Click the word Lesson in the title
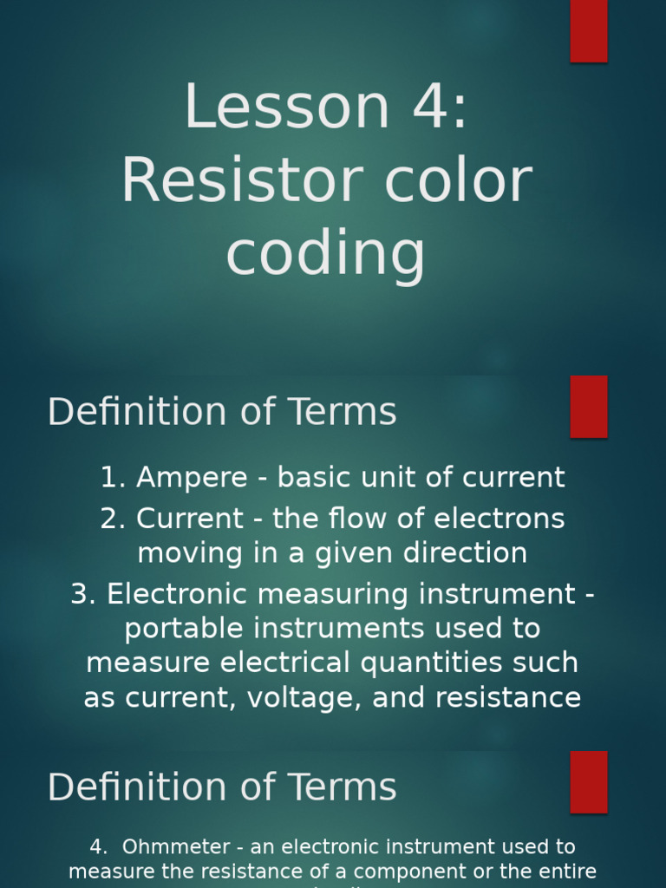[275, 108]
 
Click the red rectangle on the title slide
[588, 30]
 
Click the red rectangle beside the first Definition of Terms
[588, 407]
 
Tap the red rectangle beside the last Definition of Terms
[588, 781]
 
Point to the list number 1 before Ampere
[108, 478]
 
